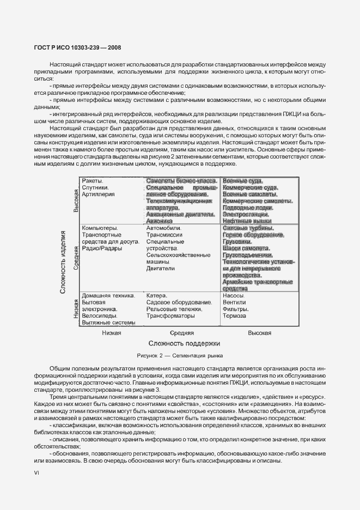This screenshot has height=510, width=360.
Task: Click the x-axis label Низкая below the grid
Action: pyautogui.click(x=111, y=332)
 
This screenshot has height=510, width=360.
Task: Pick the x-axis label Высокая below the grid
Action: pyautogui.click(x=259, y=332)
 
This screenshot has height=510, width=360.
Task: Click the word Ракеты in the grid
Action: pyautogui.click(x=92, y=181)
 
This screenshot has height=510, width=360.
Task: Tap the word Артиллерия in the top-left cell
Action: pyautogui.click(x=98, y=195)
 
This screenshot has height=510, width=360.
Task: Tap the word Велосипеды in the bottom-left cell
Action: pyautogui.click(x=99, y=315)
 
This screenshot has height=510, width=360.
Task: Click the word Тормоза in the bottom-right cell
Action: pyautogui.click(x=235, y=315)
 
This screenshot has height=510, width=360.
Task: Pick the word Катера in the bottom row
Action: pyautogui.click(x=157, y=295)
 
